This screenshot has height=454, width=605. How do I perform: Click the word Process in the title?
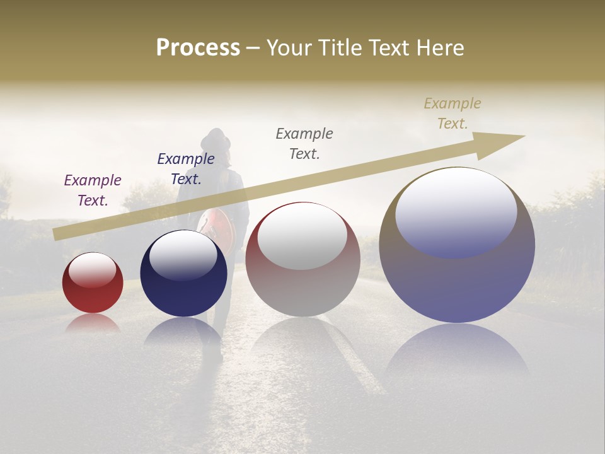198,48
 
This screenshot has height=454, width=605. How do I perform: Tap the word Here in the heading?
441,48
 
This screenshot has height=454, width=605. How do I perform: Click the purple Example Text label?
93,190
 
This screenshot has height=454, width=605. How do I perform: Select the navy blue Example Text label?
186,168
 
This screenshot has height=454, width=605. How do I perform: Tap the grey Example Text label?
304,143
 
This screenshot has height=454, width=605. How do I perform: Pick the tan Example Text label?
452,113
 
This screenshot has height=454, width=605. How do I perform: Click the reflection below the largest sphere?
457,353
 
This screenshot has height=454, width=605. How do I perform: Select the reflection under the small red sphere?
93,323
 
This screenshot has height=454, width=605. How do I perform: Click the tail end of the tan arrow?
60,233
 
